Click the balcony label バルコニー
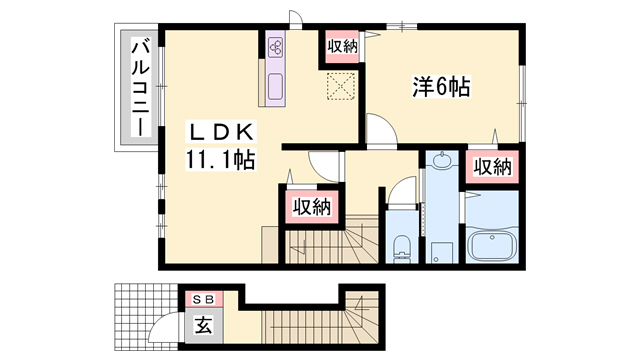pyautogui.click(x=141, y=89)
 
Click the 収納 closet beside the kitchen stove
pyautogui.click(x=341, y=47)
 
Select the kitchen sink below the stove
pyautogui.click(x=277, y=86)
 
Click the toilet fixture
pyautogui.click(x=403, y=245)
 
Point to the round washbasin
pyautogui.click(x=441, y=164)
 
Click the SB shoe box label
pyautogui.click(x=203, y=300)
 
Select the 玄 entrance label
pyautogui.click(x=203, y=324)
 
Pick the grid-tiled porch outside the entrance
pyautogui.click(x=136, y=315)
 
